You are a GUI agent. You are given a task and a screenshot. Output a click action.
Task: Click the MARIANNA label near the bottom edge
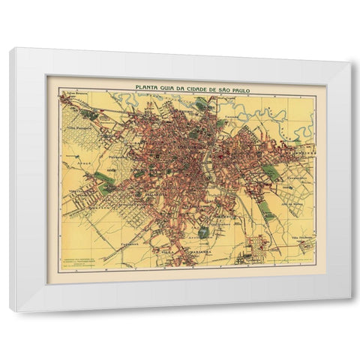tap(178, 253)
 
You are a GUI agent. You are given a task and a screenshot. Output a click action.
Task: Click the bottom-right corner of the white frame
tap(349, 298)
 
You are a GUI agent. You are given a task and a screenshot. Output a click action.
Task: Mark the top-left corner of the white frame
tap(11, 49)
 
